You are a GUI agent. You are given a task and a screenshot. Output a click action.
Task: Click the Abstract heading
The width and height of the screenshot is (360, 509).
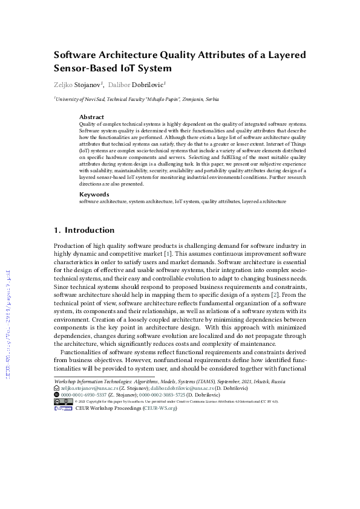pos(91,117)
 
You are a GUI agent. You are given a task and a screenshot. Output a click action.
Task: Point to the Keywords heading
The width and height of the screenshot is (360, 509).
pos(94,194)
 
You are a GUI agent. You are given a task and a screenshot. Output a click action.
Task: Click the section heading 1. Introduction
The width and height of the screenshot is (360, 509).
pos(84,230)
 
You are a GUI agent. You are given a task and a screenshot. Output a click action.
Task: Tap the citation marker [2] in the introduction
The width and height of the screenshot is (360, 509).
pos(274,294)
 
